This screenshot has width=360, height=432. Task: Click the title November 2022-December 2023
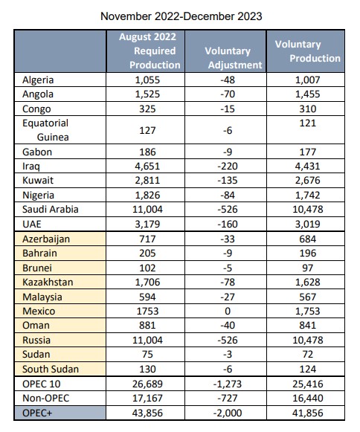[181, 16]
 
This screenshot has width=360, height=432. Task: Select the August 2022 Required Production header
[150, 51]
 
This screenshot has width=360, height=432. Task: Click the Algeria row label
[38, 80]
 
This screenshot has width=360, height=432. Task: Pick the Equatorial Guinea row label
[45, 130]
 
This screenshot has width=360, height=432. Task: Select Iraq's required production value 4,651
[147, 166]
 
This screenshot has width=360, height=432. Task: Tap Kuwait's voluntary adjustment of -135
[228, 181]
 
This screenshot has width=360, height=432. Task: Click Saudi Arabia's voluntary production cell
[308, 210]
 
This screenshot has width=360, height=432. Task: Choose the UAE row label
[32, 224]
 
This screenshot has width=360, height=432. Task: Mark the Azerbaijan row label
[46, 239]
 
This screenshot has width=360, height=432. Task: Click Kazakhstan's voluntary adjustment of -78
[228, 282]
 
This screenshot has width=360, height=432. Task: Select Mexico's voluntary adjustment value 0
[228, 311]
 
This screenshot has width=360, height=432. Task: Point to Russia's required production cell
[147, 340]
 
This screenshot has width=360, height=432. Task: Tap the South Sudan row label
[51, 369]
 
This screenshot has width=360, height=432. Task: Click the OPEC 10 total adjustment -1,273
[228, 384]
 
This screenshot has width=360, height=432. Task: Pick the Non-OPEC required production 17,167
[147, 398]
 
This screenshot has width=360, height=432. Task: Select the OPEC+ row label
[37, 413]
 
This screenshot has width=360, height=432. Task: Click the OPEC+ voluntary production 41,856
[308, 413]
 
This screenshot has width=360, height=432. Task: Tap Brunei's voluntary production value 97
[308, 268]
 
